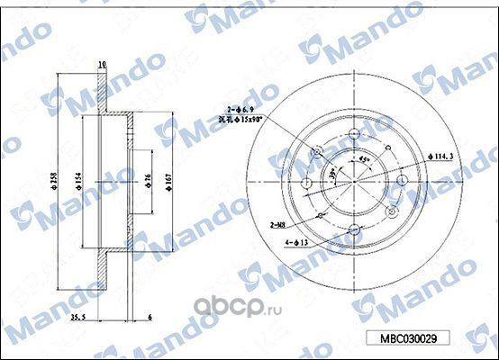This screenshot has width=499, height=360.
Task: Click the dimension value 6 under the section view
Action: [150, 318]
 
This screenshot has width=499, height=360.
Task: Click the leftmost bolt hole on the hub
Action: [306, 184]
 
